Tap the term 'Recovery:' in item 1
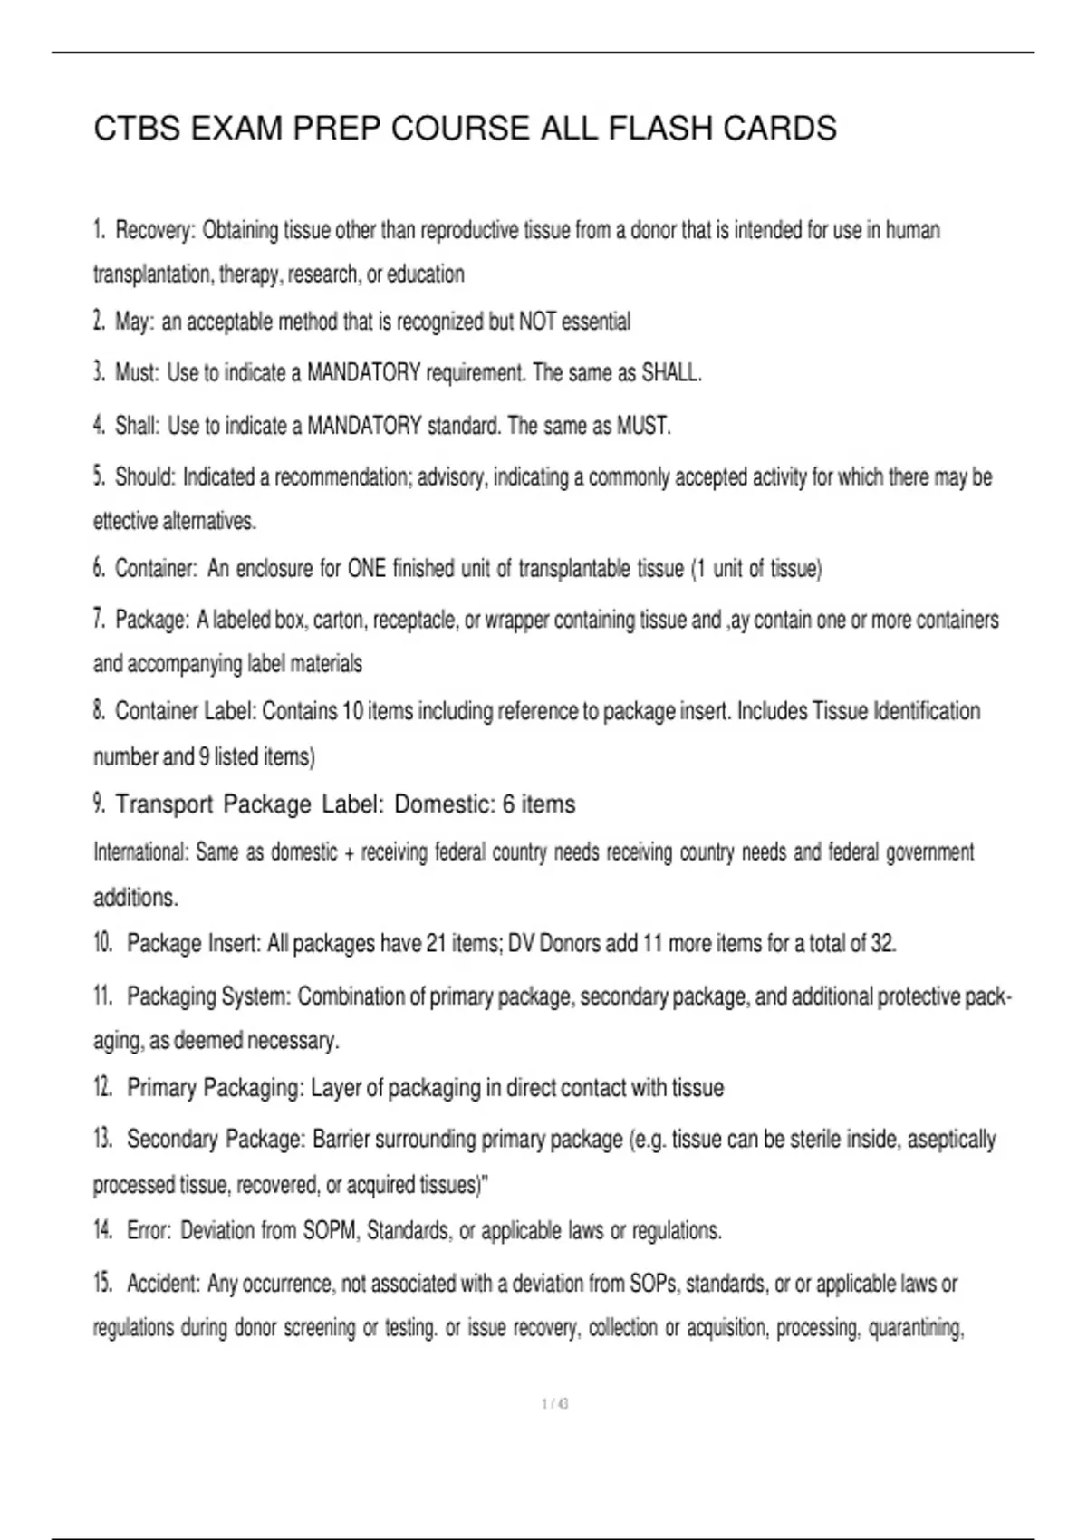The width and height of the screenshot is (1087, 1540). pyautogui.click(x=155, y=231)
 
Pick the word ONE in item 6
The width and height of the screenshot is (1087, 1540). pyautogui.click(x=366, y=569)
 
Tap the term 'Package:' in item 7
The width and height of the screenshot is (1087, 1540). pyautogui.click(x=152, y=621)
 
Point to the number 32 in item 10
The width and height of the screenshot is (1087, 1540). pyautogui.click(x=882, y=944)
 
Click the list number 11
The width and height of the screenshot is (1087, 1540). pyautogui.click(x=102, y=996)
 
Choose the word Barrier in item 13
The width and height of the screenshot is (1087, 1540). pyautogui.click(x=341, y=1140)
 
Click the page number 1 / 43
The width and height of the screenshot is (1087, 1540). pyautogui.click(x=554, y=1404)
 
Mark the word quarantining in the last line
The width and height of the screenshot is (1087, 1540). pyautogui.click(x=916, y=1329)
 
